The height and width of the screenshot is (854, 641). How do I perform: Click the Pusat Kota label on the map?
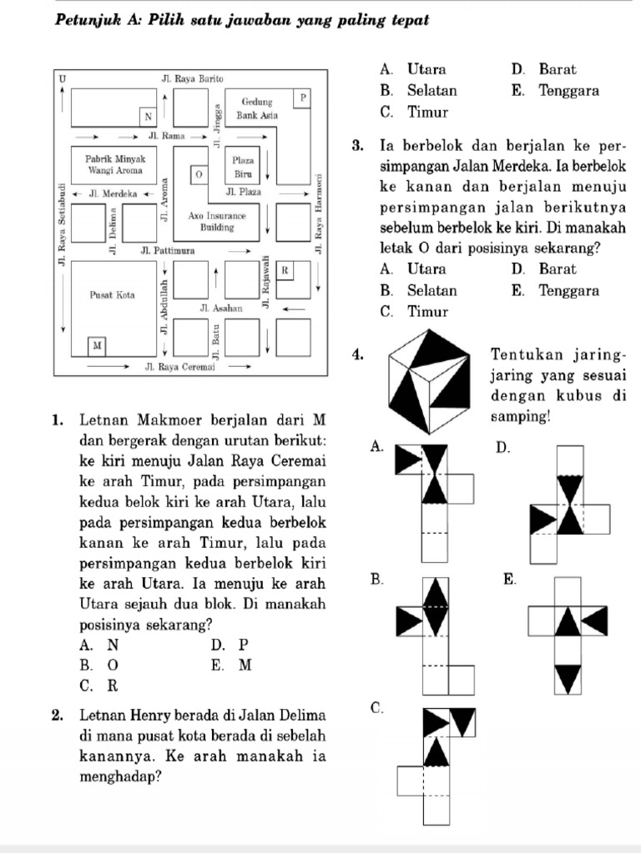pos(113,295)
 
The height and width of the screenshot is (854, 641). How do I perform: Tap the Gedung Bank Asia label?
pos(256,108)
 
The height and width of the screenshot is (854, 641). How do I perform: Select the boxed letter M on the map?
pos(98,344)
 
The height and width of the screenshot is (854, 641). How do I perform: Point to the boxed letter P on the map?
pos(302,97)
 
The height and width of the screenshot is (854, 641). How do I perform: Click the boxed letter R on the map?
pos(285,269)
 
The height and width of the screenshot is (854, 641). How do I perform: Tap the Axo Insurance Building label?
pos(216,221)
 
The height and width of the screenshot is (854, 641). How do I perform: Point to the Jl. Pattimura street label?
pos(169,250)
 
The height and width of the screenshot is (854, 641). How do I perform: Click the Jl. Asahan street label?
pos(221,309)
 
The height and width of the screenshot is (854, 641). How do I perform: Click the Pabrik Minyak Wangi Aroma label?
pos(116,163)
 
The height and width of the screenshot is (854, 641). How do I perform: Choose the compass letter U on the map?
pos(63,78)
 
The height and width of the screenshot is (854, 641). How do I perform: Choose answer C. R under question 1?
pos(99,686)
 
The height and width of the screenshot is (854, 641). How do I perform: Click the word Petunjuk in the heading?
pos(92,18)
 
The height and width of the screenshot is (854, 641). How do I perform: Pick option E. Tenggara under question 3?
pos(556,291)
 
